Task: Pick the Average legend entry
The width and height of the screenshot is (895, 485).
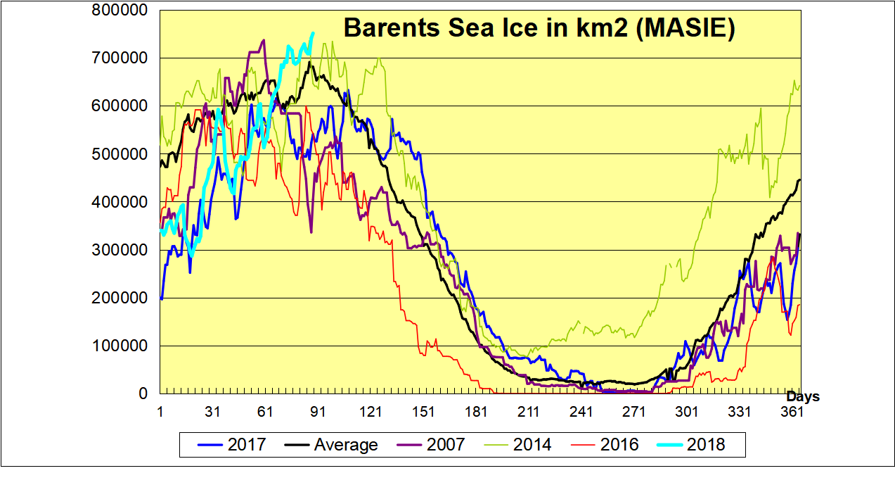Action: tap(331, 444)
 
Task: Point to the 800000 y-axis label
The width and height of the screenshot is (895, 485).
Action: tap(124, 11)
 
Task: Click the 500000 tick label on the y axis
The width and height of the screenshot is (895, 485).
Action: tap(124, 154)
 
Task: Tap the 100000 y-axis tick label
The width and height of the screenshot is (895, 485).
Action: tap(124, 346)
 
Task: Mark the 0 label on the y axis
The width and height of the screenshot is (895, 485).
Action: tap(143, 394)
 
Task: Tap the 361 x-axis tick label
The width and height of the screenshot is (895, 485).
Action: tap(792, 412)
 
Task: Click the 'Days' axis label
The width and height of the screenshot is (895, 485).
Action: tap(802, 397)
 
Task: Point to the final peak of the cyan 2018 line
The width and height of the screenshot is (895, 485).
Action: tap(313, 33)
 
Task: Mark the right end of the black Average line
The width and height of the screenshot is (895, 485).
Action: tap(800, 180)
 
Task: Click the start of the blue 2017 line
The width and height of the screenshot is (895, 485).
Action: tap(162, 298)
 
